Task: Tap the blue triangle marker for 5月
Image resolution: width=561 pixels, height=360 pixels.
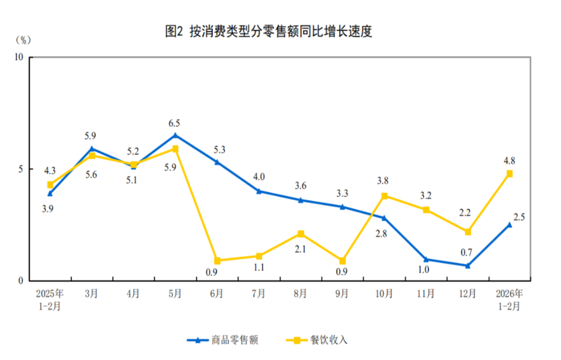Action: click(x=175, y=135)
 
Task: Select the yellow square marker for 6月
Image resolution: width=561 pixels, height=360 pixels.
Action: click(x=217, y=261)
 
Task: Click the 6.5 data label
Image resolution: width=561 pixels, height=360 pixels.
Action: click(x=175, y=123)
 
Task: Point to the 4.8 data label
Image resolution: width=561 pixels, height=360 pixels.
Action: click(x=509, y=160)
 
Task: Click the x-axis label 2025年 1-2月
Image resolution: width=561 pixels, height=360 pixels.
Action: click(x=50, y=299)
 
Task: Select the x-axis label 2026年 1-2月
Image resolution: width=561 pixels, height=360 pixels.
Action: click(x=509, y=299)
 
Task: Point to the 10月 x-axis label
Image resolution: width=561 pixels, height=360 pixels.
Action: click(x=384, y=294)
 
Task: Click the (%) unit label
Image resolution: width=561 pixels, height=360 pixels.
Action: click(x=22, y=40)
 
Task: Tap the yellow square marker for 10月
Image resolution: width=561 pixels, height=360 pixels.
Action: click(x=384, y=196)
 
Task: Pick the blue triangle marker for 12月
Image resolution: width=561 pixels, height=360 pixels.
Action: click(x=468, y=266)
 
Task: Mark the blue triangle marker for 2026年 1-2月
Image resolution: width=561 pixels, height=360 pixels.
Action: click(x=510, y=225)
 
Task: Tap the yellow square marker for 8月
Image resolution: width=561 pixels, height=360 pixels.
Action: click(x=301, y=234)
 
